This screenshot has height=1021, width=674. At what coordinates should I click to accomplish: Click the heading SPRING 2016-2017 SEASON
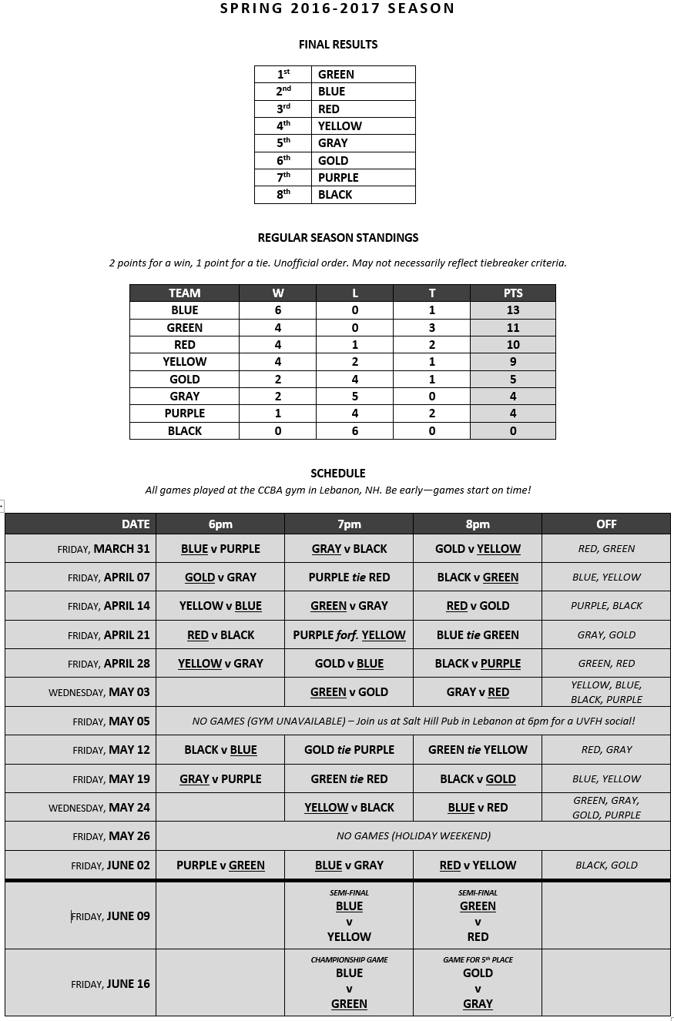pos(337,8)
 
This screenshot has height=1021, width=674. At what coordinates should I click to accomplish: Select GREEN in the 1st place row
pos(337,75)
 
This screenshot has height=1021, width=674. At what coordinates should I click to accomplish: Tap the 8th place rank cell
pos(283,195)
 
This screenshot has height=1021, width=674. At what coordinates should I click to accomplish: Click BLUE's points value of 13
pos(512,310)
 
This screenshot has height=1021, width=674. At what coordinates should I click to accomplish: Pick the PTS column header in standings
pos(512,293)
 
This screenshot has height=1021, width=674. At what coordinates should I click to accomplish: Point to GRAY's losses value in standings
pos(354,397)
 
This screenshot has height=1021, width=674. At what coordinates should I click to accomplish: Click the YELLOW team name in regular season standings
pos(185,362)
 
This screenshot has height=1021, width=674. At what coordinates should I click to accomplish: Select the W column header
pos(277,293)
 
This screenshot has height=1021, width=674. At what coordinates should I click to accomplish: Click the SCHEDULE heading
pos(337,473)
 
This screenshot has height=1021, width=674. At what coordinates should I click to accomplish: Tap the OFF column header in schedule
pos(606,524)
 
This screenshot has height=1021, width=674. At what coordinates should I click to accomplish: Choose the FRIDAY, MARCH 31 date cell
pos(104,549)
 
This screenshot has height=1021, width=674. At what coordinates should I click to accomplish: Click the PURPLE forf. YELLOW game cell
pos(349,635)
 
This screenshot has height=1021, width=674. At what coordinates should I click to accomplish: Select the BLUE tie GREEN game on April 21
pos(478,635)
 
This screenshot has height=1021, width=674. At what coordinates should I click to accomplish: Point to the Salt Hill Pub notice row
pos(414,721)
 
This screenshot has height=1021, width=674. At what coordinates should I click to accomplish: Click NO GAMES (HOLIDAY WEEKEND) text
pos(414,836)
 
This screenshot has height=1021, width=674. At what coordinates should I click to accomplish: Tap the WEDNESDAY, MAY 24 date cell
pos(99,808)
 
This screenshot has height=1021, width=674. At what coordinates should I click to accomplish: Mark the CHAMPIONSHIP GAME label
pos(349,960)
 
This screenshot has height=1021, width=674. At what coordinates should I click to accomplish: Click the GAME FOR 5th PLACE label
pos(478,960)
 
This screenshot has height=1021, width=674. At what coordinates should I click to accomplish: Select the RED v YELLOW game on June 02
pos(478,865)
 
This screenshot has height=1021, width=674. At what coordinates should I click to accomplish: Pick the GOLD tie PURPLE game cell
pos(349,750)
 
